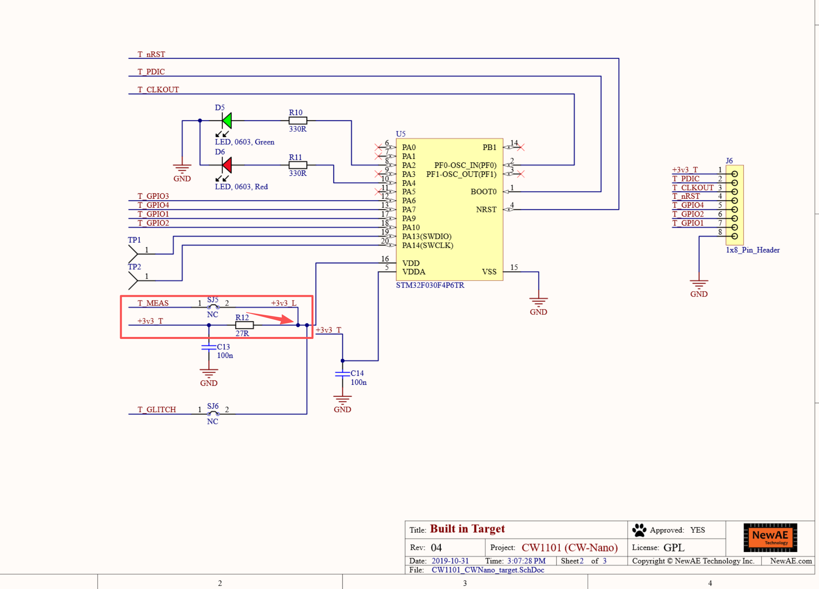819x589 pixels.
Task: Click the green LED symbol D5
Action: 227,121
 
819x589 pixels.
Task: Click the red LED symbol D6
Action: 227,165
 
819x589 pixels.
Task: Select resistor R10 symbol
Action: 298,121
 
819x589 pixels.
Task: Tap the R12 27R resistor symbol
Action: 244,325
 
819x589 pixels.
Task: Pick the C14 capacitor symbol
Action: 342,374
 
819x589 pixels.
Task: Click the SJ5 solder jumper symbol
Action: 213,306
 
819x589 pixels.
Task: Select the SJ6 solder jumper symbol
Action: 213,413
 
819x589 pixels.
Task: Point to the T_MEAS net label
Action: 153,303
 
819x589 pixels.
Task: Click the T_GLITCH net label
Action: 157,410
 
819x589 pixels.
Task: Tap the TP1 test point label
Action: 134,240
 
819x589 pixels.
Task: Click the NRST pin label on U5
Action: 486,210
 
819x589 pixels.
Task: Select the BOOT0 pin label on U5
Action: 484,192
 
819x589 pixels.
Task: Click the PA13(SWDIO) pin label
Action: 427,236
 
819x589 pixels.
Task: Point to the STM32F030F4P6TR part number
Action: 430,285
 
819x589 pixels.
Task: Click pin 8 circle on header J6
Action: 734,236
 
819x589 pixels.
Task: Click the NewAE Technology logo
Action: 770,537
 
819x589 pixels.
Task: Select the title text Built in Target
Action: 467,529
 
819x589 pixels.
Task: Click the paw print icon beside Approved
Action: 639,530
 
